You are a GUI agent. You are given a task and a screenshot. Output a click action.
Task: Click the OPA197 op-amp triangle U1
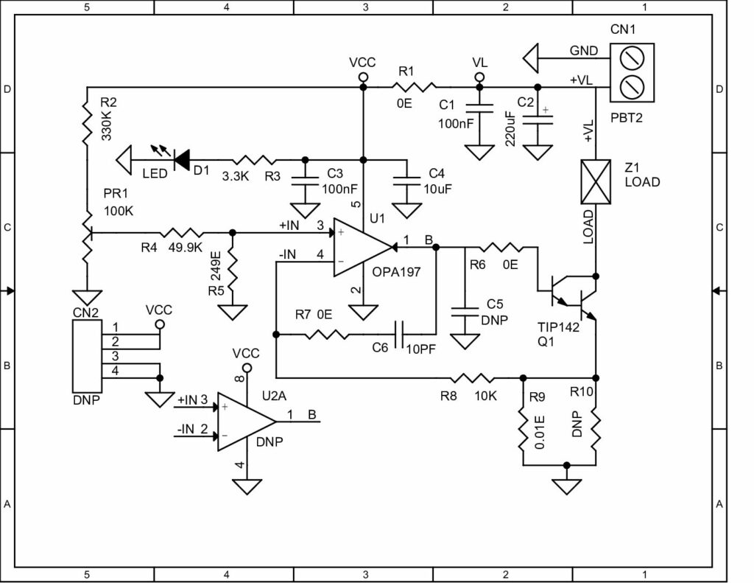[x=361, y=248]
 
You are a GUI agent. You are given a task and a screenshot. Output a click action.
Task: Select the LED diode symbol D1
[x=180, y=157]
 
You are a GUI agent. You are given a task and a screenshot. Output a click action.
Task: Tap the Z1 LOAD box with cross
[x=595, y=181]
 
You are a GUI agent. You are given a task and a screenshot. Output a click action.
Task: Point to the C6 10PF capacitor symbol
[x=401, y=335]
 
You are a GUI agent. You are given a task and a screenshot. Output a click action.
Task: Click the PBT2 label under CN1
[x=627, y=117]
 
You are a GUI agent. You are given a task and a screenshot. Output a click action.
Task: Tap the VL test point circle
[x=479, y=77]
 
